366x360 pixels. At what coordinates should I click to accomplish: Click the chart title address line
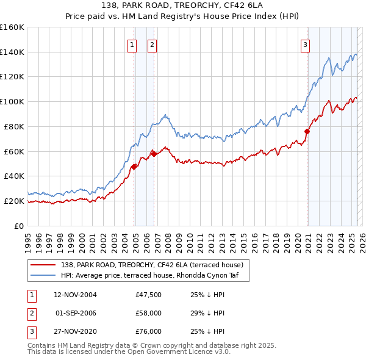[x=182, y=5]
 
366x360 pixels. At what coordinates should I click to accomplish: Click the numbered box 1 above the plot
[x=132, y=44]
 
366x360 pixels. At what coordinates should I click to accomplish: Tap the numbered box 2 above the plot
[x=152, y=44]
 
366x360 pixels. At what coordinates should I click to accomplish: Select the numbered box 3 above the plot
[x=305, y=44]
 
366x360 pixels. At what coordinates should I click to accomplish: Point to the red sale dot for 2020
[x=307, y=131]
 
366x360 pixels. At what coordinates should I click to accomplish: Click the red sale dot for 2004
[x=134, y=167]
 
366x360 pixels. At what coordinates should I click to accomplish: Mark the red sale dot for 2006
[x=154, y=154]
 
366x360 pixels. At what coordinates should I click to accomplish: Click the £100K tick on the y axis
[x=12, y=101]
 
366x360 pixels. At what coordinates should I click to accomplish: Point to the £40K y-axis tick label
[x=13, y=176]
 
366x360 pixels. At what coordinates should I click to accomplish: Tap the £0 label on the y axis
[x=18, y=226]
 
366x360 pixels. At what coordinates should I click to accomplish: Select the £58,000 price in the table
[x=149, y=313]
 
